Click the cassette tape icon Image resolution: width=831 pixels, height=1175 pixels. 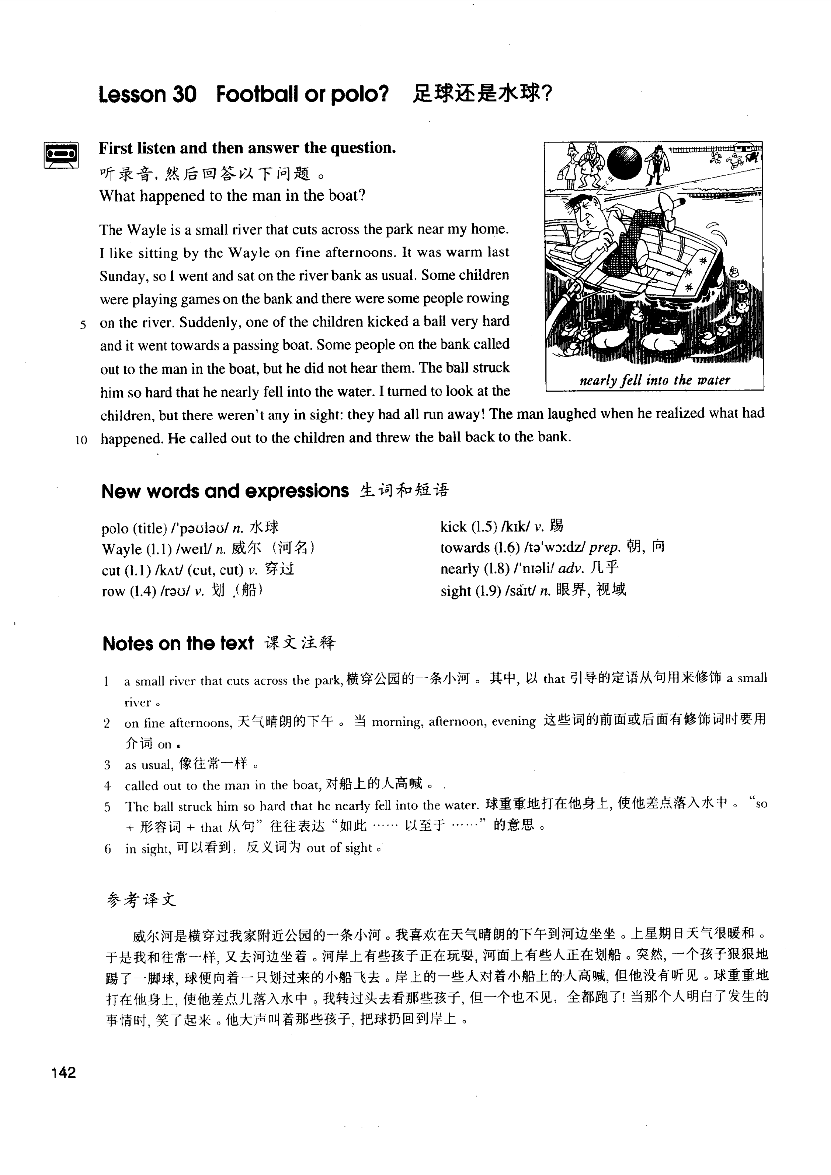pyautogui.click(x=61, y=154)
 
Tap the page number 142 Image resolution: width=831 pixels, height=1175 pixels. pyautogui.click(x=63, y=1072)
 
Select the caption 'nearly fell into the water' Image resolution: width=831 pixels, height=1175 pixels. pyautogui.click(x=654, y=380)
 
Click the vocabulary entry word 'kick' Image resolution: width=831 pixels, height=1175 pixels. pyautogui.click(x=453, y=527)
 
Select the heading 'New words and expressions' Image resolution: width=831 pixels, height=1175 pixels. pyautogui.click(x=225, y=491)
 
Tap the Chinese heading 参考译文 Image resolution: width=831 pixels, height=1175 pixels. pyautogui.click(x=141, y=900)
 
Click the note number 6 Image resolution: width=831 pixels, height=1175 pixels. pyautogui.click(x=108, y=849)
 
